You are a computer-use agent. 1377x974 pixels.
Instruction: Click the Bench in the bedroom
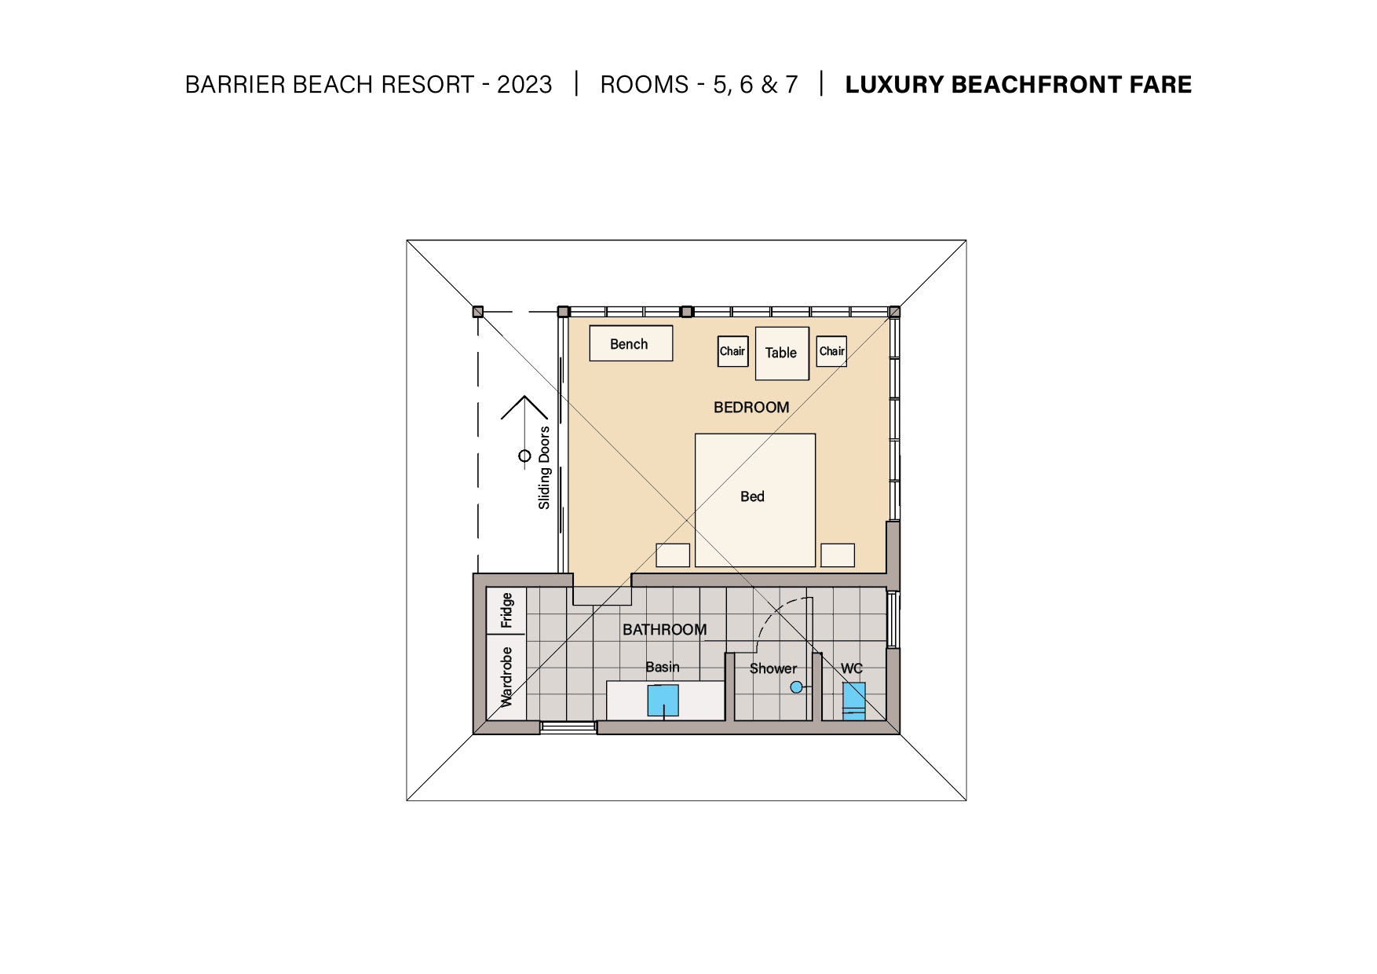pyautogui.click(x=631, y=343)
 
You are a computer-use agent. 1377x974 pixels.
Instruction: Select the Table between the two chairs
pyautogui.click(x=782, y=353)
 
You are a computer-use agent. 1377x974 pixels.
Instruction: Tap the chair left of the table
pyautogui.click(x=733, y=351)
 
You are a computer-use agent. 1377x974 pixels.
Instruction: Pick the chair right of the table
pyautogui.click(x=831, y=351)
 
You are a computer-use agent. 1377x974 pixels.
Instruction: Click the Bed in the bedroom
pyautogui.click(x=755, y=500)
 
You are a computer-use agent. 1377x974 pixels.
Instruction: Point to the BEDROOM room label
pyautogui.click(x=751, y=407)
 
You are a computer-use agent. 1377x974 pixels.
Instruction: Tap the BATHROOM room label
pyautogui.click(x=664, y=629)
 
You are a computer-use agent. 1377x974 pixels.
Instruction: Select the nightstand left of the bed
pyautogui.click(x=673, y=555)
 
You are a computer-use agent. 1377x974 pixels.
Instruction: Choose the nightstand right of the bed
pyautogui.click(x=838, y=555)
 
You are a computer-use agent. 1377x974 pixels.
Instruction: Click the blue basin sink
pyautogui.click(x=663, y=701)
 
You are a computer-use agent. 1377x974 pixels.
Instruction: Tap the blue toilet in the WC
pyautogui.click(x=854, y=701)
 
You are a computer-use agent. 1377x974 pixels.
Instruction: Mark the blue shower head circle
pyautogui.click(x=796, y=687)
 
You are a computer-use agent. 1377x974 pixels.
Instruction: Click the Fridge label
pyautogui.click(x=506, y=610)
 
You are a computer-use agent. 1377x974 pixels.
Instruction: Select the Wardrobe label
pyautogui.click(x=506, y=676)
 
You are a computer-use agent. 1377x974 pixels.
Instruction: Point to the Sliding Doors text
pyautogui.click(x=544, y=468)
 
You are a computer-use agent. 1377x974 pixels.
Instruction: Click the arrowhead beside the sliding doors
pyautogui.click(x=524, y=397)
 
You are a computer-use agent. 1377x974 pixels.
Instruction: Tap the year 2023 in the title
pyautogui.click(x=524, y=84)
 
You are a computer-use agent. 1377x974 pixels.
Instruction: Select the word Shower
pyautogui.click(x=773, y=668)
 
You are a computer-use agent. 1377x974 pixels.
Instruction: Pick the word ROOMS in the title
pyautogui.click(x=645, y=84)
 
